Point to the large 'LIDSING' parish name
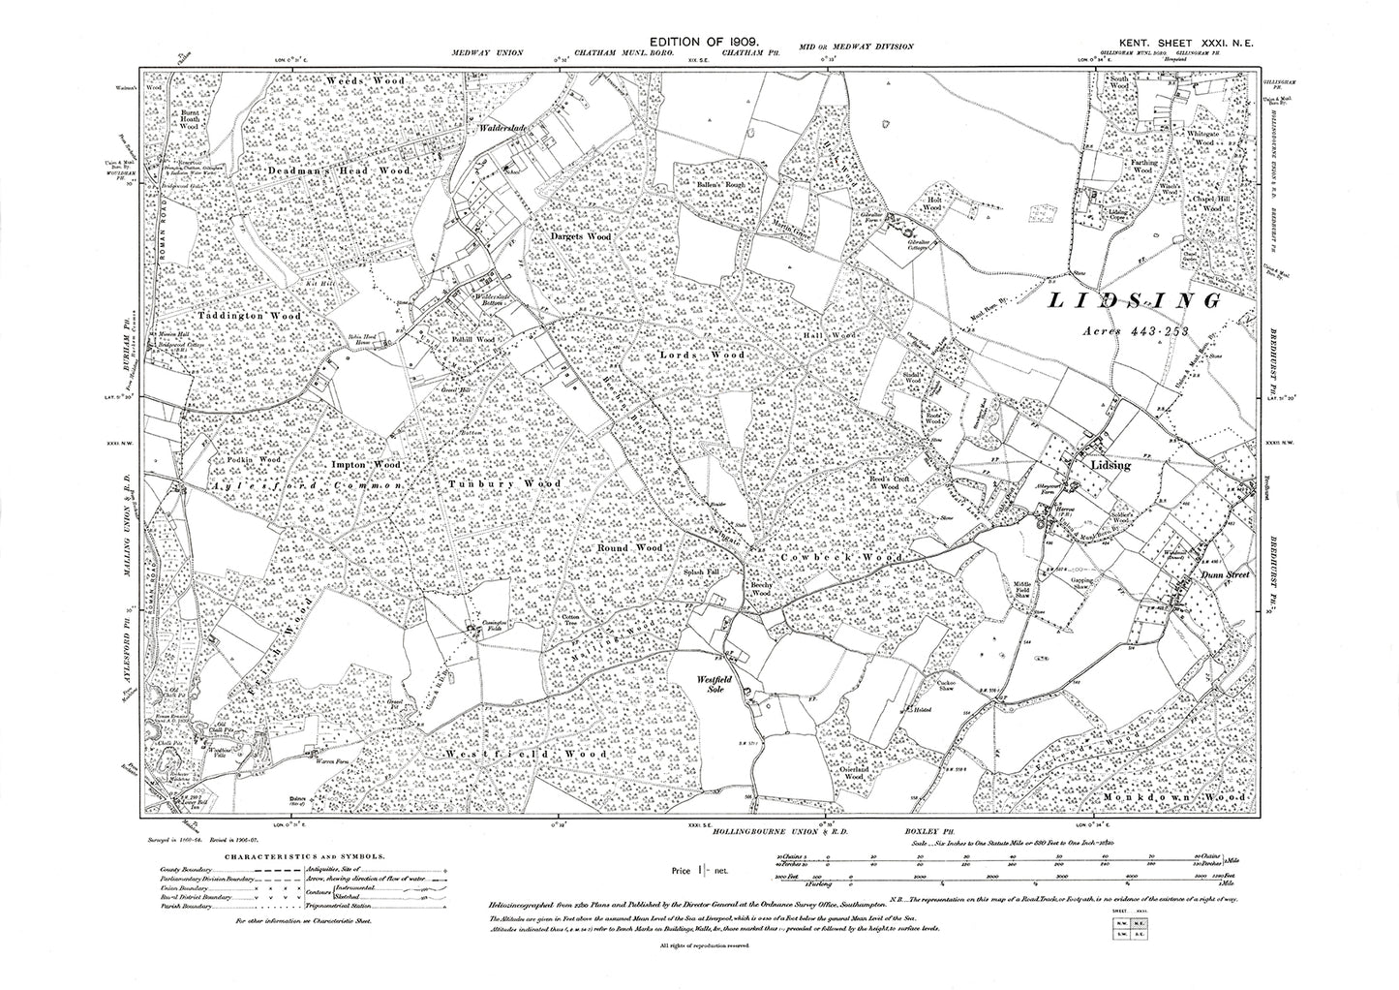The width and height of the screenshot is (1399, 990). (x=1136, y=302)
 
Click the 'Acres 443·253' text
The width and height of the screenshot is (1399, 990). (x=1140, y=330)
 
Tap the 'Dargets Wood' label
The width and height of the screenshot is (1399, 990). (x=583, y=236)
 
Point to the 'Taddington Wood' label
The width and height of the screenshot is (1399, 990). (x=250, y=316)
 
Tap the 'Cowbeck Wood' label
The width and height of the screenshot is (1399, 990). (x=841, y=559)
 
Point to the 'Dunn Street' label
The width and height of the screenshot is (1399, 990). (x=1226, y=574)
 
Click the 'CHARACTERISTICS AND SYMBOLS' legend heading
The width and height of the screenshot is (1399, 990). (x=305, y=856)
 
